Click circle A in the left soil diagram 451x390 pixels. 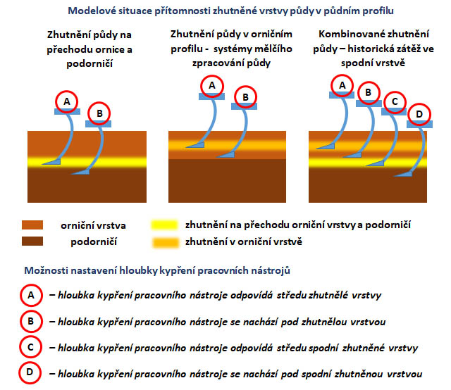[67, 102]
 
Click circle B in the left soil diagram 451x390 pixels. [99, 113]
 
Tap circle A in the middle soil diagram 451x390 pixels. [211, 86]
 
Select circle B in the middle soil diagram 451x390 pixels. [245, 97]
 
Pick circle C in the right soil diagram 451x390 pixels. [395, 101]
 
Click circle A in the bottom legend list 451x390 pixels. [31, 296]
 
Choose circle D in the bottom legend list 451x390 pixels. [31, 372]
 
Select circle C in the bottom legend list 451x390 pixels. [31, 347]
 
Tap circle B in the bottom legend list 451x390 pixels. [31, 322]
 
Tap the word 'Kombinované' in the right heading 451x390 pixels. [347, 34]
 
